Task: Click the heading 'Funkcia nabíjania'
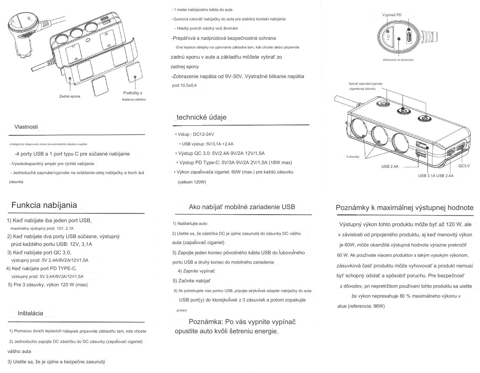point(44,205)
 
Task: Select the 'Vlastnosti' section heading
point(26,127)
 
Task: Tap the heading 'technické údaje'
point(202,117)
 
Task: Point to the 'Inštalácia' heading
point(30,313)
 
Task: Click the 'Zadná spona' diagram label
point(69,96)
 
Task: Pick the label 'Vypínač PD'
point(392,15)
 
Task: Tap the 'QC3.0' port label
point(464,166)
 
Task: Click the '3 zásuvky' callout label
point(352,157)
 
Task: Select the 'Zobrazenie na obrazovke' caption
point(398,60)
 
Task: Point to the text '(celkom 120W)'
point(192,182)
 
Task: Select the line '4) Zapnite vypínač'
point(196,271)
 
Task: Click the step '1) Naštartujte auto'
point(190,223)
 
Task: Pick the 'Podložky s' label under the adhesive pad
point(133,93)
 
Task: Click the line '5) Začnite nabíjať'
point(192,281)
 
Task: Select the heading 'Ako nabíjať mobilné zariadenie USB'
point(242,207)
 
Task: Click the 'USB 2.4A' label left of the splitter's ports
point(390,167)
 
